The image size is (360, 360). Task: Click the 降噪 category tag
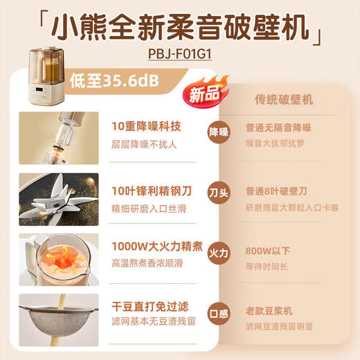(x=218, y=131)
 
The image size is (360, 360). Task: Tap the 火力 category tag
(x=218, y=254)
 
